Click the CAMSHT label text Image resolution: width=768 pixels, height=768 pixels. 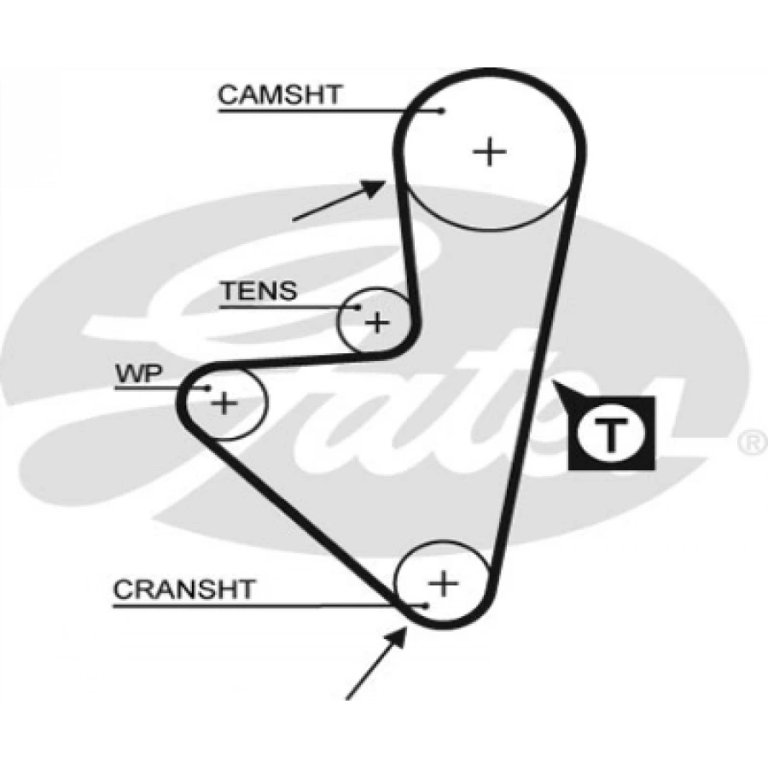tap(279, 94)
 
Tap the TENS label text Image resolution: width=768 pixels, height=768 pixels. tap(259, 292)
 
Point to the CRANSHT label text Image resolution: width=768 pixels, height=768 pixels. tap(183, 589)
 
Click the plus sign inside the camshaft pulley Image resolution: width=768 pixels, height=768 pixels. tap(490, 152)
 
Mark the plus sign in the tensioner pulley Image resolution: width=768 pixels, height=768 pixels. tap(376, 323)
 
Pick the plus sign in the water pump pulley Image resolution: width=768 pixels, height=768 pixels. tap(224, 402)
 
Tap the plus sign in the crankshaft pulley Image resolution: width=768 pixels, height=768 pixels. tap(443, 585)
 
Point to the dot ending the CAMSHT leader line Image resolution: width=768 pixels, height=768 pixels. tap(441, 110)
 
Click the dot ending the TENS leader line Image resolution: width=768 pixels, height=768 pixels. tap(359, 308)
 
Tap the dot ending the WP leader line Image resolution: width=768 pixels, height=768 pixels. tap(207, 388)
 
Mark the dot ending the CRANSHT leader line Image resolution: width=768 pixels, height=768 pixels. tap(424, 605)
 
